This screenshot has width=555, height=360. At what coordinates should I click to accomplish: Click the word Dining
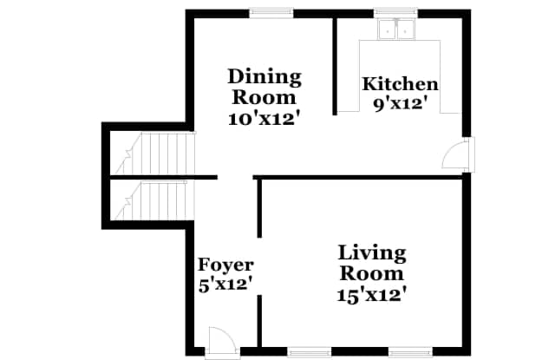(264, 77)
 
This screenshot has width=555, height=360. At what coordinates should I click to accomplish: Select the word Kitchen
(401, 84)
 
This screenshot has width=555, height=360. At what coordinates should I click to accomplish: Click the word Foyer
(225, 265)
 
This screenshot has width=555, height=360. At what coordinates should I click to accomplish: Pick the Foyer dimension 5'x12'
(225, 285)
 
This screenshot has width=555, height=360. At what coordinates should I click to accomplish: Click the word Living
(372, 254)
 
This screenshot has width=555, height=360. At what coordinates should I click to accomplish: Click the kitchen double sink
(396, 29)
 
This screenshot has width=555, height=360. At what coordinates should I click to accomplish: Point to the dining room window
(271, 13)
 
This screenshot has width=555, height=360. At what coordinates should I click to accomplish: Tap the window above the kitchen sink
(395, 13)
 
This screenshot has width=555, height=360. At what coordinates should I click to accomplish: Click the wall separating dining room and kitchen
(335, 66)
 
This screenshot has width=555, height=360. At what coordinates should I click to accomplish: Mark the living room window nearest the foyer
(310, 351)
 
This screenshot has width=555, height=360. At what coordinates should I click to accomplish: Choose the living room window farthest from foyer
(410, 351)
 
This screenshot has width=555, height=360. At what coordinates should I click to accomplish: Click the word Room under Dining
(264, 98)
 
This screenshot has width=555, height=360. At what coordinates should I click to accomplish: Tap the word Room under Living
(372, 274)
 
